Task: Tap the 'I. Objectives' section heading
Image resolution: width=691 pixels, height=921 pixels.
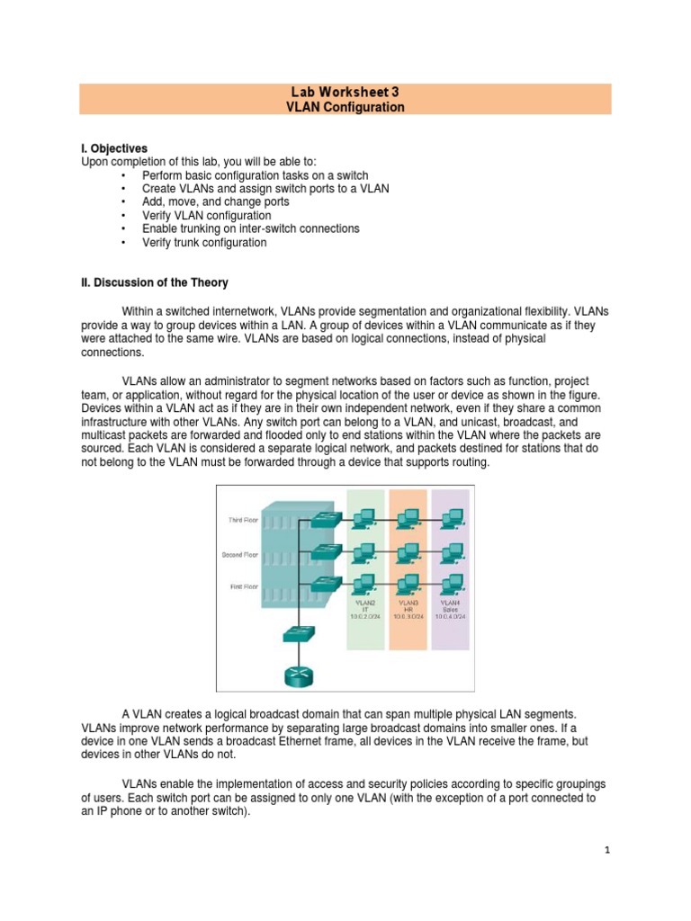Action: click(x=114, y=148)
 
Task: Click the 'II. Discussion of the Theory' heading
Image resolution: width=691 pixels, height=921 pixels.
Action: click(x=155, y=282)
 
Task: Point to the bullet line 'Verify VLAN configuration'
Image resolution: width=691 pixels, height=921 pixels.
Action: click(x=206, y=216)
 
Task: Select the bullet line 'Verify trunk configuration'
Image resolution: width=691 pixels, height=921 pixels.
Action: click(x=204, y=243)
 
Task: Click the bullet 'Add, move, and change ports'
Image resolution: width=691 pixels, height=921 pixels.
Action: click(x=215, y=202)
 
